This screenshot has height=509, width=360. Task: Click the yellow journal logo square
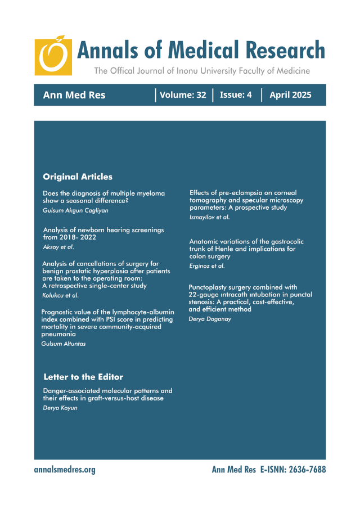tap(53, 56)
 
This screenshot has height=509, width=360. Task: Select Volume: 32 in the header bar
tap(183, 95)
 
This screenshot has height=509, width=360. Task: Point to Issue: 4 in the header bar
tap(236, 95)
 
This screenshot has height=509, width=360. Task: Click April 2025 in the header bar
tap(290, 95)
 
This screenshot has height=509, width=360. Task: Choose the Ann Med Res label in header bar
tap(74, 95)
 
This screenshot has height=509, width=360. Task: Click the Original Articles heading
tap(78, 177)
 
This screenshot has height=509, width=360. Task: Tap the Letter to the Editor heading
tap(83, 377)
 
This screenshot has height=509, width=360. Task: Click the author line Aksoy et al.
tap(58, 247)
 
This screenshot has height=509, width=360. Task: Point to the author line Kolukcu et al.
tap(61, 295)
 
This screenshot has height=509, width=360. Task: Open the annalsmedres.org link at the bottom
tap(65, 470)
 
